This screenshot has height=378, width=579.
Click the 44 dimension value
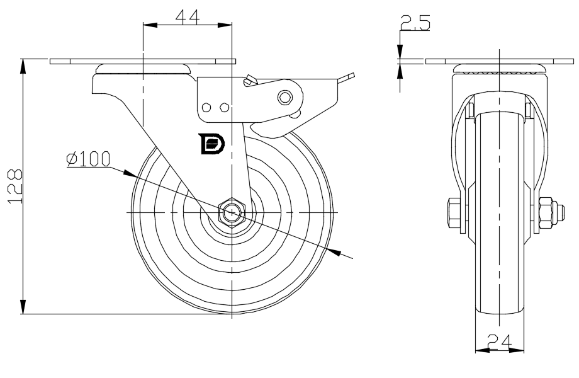(188, 16)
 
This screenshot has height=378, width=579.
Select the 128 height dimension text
(15, 186)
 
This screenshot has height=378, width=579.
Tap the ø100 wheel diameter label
(88, 159)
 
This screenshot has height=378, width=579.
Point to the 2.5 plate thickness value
(415, 22)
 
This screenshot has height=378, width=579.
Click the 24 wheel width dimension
(499, 341)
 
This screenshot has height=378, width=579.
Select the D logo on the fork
(211, 144)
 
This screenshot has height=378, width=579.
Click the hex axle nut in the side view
(231, 212)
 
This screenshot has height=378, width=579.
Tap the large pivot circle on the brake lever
(284, 98)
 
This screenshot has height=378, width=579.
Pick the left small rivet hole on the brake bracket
(206, 108)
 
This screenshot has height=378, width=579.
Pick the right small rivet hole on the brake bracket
(224, 108)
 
